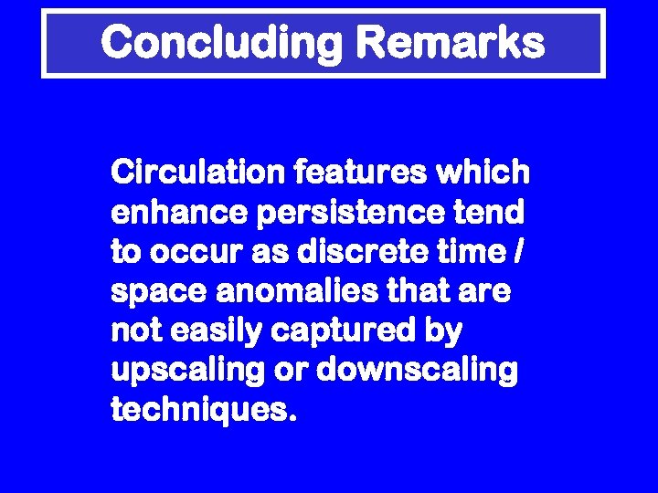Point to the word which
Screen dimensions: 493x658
pyautogui.click(x=487, y=171)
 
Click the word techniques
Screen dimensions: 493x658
pyautogui.click(x=203, y=412)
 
